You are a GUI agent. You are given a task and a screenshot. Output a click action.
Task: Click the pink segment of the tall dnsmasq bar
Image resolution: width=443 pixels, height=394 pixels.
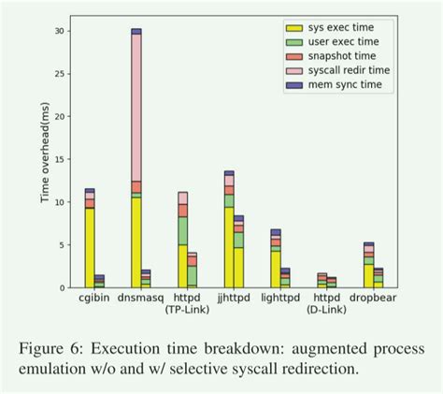[136, 108]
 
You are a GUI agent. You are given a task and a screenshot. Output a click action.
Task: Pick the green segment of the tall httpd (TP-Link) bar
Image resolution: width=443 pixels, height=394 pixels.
[183, 230]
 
